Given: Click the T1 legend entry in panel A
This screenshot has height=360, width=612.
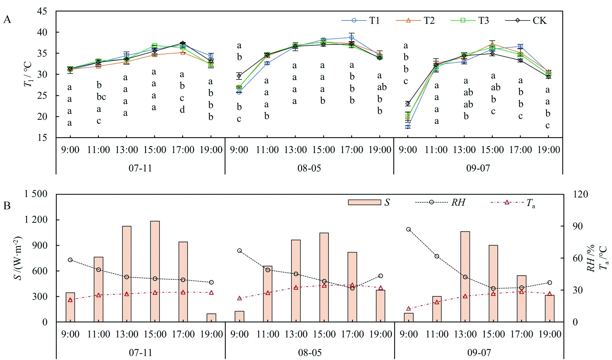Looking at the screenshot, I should (x=361, y=20).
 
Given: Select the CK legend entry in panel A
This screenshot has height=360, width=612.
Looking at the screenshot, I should (x=526, y=20).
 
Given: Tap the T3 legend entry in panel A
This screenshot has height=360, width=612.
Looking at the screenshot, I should (x=470, y=20).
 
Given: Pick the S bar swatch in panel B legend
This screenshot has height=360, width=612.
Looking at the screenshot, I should (x=364, y=202).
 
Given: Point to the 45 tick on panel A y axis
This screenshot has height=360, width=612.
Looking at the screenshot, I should (x=42, y=11).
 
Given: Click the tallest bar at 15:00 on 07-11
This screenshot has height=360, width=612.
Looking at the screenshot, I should (x=155, y=271).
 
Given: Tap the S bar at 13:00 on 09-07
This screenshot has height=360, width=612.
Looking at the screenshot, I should (x=465, y=277).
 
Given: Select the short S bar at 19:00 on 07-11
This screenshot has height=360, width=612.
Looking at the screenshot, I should (x=211, y=318).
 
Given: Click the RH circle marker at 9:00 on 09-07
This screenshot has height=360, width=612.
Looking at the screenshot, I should (x=408, y=229).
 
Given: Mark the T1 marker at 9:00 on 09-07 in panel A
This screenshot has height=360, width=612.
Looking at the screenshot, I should (x=408, y=127).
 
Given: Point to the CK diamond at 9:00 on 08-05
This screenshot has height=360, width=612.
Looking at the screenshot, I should (x=239, y=76).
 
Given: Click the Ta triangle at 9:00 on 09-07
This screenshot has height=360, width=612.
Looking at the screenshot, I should (x=408, y=309).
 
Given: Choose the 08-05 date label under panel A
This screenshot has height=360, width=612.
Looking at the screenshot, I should (x=309, y=168).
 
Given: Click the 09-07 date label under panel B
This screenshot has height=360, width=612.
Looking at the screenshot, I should (x=479, y=353).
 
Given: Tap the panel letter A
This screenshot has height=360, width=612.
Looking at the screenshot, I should (x=7, y=20).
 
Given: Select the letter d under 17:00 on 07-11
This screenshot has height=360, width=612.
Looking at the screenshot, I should (x=182, y=110).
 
